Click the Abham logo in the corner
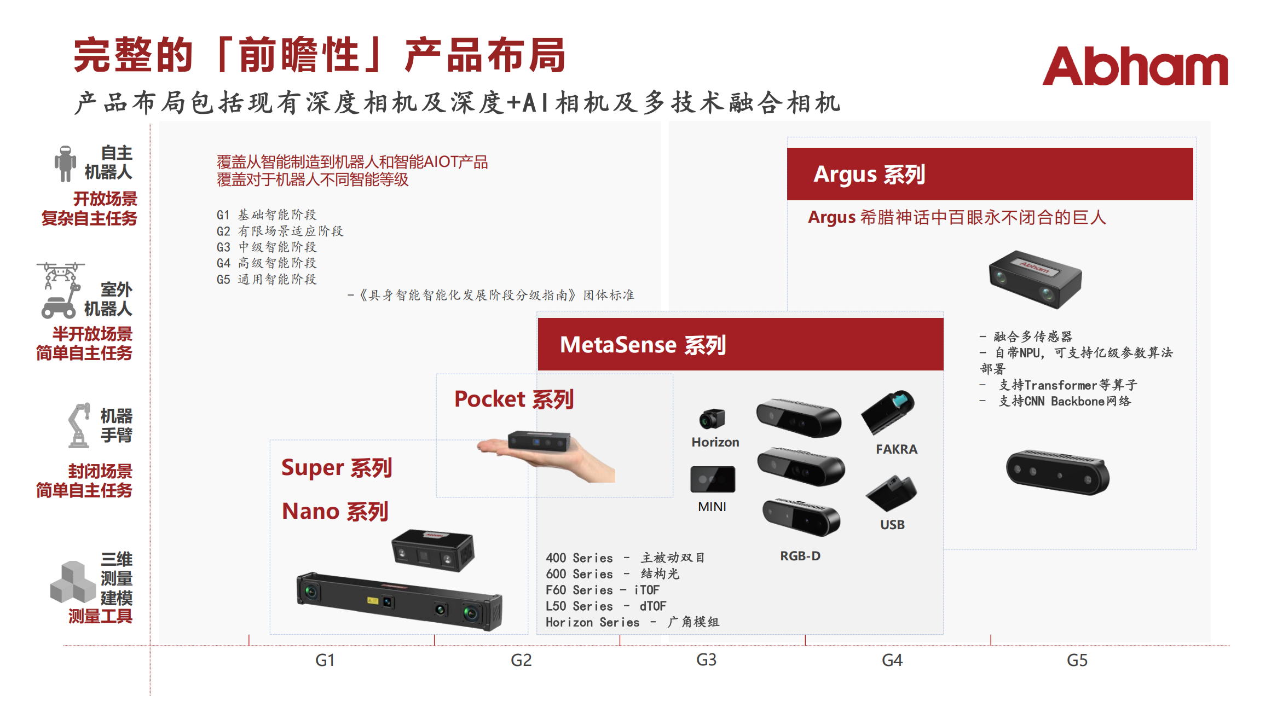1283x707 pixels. pyautogui.click(x=1135, y=66)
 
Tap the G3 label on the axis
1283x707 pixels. pyautogui.click(x=706, y=660)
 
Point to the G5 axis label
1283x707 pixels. pyautogui.click(x=1077, y=660)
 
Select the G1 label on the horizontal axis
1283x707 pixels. pyautogui.click(x=325, y=660)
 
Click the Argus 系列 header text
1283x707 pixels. pyautogui.click(x=869, y=174)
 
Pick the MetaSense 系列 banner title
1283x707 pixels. pyautogui.click(x=643, y=345)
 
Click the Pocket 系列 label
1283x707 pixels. pyautogui.click(x=514, y=399)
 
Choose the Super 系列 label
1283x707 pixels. pyautogui.click(x=337, y=468)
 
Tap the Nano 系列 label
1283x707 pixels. pyautogui.click(x=335, y=511)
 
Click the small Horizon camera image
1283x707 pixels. pyautogui.click(x=712, y=419)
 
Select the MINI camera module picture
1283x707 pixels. pyautogui.click(x=713, y=479)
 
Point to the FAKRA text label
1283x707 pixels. pyautogui.click(x=897, y=449)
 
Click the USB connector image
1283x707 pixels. pyautogui.click(x=892, y=493)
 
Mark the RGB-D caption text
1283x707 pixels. pyautogui.click(x=800, y=556)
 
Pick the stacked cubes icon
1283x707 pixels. pyautogui.click(x=73, y=582)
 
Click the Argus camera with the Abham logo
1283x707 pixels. pyautogui.click(x=1035, y=279)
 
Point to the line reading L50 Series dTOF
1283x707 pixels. pyautogui.click(x=606, y=606)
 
